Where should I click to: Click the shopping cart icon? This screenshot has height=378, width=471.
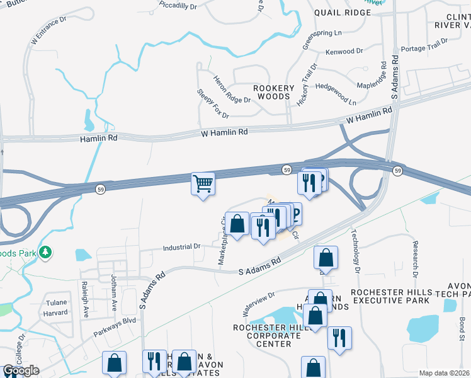point(203,185)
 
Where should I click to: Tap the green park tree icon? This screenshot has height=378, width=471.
point(45,253)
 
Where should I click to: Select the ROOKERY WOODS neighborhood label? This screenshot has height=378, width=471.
point(273,93)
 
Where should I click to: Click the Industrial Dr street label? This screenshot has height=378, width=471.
point(181,247)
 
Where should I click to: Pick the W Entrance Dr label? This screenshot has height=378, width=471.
point(48,30)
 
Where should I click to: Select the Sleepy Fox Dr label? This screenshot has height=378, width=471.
point(213,103)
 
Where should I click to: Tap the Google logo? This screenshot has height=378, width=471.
point(21,370)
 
